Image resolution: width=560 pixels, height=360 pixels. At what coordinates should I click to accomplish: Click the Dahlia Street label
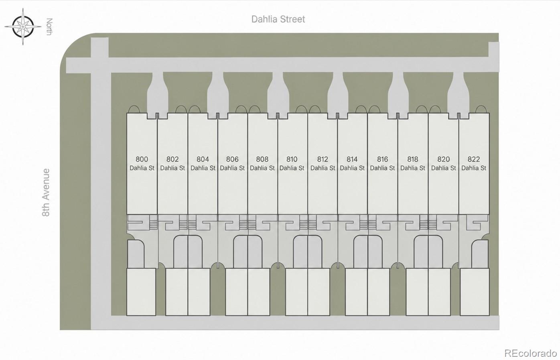[278, 19]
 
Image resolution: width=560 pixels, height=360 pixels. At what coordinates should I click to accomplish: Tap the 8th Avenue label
[46, 192]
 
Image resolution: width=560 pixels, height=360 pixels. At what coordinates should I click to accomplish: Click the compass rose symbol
[23, 26]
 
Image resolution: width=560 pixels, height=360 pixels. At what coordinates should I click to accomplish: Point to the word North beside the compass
[49, 27]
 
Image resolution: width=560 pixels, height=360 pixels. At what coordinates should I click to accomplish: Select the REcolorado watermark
[530, 353]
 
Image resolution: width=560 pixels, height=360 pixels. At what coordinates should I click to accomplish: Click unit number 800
[142, 159]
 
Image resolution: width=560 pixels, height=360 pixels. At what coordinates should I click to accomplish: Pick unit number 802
[172, 159]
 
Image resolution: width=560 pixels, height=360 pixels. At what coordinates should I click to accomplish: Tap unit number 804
[203, 159]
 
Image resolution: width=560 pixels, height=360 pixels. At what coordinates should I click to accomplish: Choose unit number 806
[232, 159]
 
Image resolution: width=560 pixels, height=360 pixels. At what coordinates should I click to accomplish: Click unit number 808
[262, 159]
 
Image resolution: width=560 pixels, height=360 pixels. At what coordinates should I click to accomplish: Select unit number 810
[292, 159]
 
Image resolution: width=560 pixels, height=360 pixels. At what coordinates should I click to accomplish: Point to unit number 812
[323, 159]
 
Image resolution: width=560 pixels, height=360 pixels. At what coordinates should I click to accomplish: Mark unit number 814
[352, 159]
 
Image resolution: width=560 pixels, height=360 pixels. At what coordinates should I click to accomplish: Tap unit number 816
[383, 159]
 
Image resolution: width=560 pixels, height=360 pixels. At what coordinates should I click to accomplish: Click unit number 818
[412, 159]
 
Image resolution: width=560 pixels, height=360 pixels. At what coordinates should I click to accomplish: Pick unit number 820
[444, 159]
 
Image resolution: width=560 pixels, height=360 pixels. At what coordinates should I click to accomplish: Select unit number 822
[474, 159]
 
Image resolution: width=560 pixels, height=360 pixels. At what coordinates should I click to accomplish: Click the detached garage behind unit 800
[141, 292]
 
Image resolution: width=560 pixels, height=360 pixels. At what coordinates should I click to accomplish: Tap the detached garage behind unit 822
[475, 292]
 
